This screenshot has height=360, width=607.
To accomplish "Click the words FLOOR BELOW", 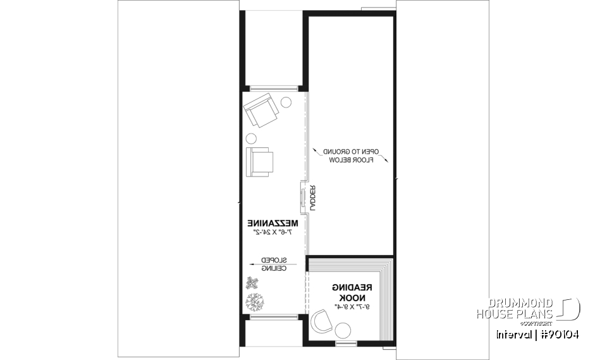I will click(x=352, y=161).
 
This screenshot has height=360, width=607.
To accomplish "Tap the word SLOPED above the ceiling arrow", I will click(x=275, y=259).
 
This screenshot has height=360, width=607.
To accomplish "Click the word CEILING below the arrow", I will click(x=275, y=268).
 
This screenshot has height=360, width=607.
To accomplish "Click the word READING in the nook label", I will click(x=352, y=288).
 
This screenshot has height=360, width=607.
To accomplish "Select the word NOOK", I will click(x=351, y=297).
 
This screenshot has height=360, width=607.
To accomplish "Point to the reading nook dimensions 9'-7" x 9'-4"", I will click(x=351, y=307).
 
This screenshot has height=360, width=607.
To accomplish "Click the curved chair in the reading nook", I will click(x=323, y=319).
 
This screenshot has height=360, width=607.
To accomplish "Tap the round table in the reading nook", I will click(x=343, y=330).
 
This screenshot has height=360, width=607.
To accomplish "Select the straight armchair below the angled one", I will click(x=260, y=161).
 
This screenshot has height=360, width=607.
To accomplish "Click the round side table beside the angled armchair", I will click(x=286, y=101).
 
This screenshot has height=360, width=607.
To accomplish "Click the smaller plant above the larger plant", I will click(x=252, y=282).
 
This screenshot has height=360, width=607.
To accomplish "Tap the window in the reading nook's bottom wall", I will click(x=345, y=344).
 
